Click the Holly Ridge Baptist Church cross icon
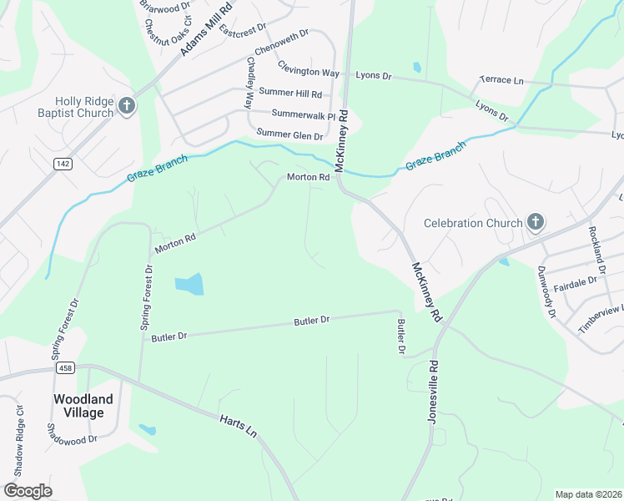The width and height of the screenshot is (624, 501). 127,105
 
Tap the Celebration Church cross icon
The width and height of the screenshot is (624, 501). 536,222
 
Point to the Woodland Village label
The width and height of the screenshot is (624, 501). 78,406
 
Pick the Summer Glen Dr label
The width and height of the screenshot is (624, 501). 289,134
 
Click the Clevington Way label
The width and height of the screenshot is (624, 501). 309,73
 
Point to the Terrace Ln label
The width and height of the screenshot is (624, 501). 501,80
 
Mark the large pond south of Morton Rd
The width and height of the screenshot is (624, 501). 189,284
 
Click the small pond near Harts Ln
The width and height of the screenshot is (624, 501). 147,430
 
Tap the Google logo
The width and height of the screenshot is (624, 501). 28,491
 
